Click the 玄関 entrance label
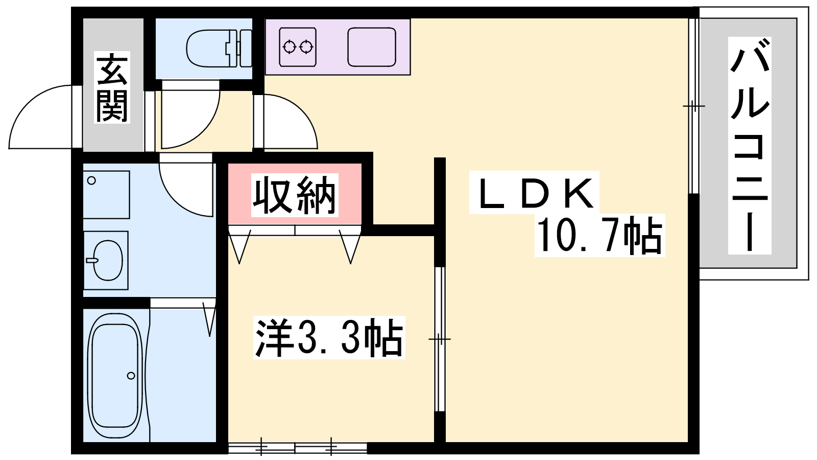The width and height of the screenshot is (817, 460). click(x=112, y=87)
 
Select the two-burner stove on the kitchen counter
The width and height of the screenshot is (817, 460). click(x=298, y=47)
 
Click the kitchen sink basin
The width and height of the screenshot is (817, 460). click(x=372, y=47)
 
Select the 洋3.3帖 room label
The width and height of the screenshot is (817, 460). click(x=329, y=338)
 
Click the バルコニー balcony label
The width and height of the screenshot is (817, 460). click(x=749, y=146)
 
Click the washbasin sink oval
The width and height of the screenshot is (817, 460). click(x=108, y=260)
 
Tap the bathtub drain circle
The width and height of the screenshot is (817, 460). click(x=131, y=376)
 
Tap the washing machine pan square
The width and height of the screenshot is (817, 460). click(x=106, y=195)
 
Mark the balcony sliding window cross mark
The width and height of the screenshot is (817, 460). click(x=693, y=106)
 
